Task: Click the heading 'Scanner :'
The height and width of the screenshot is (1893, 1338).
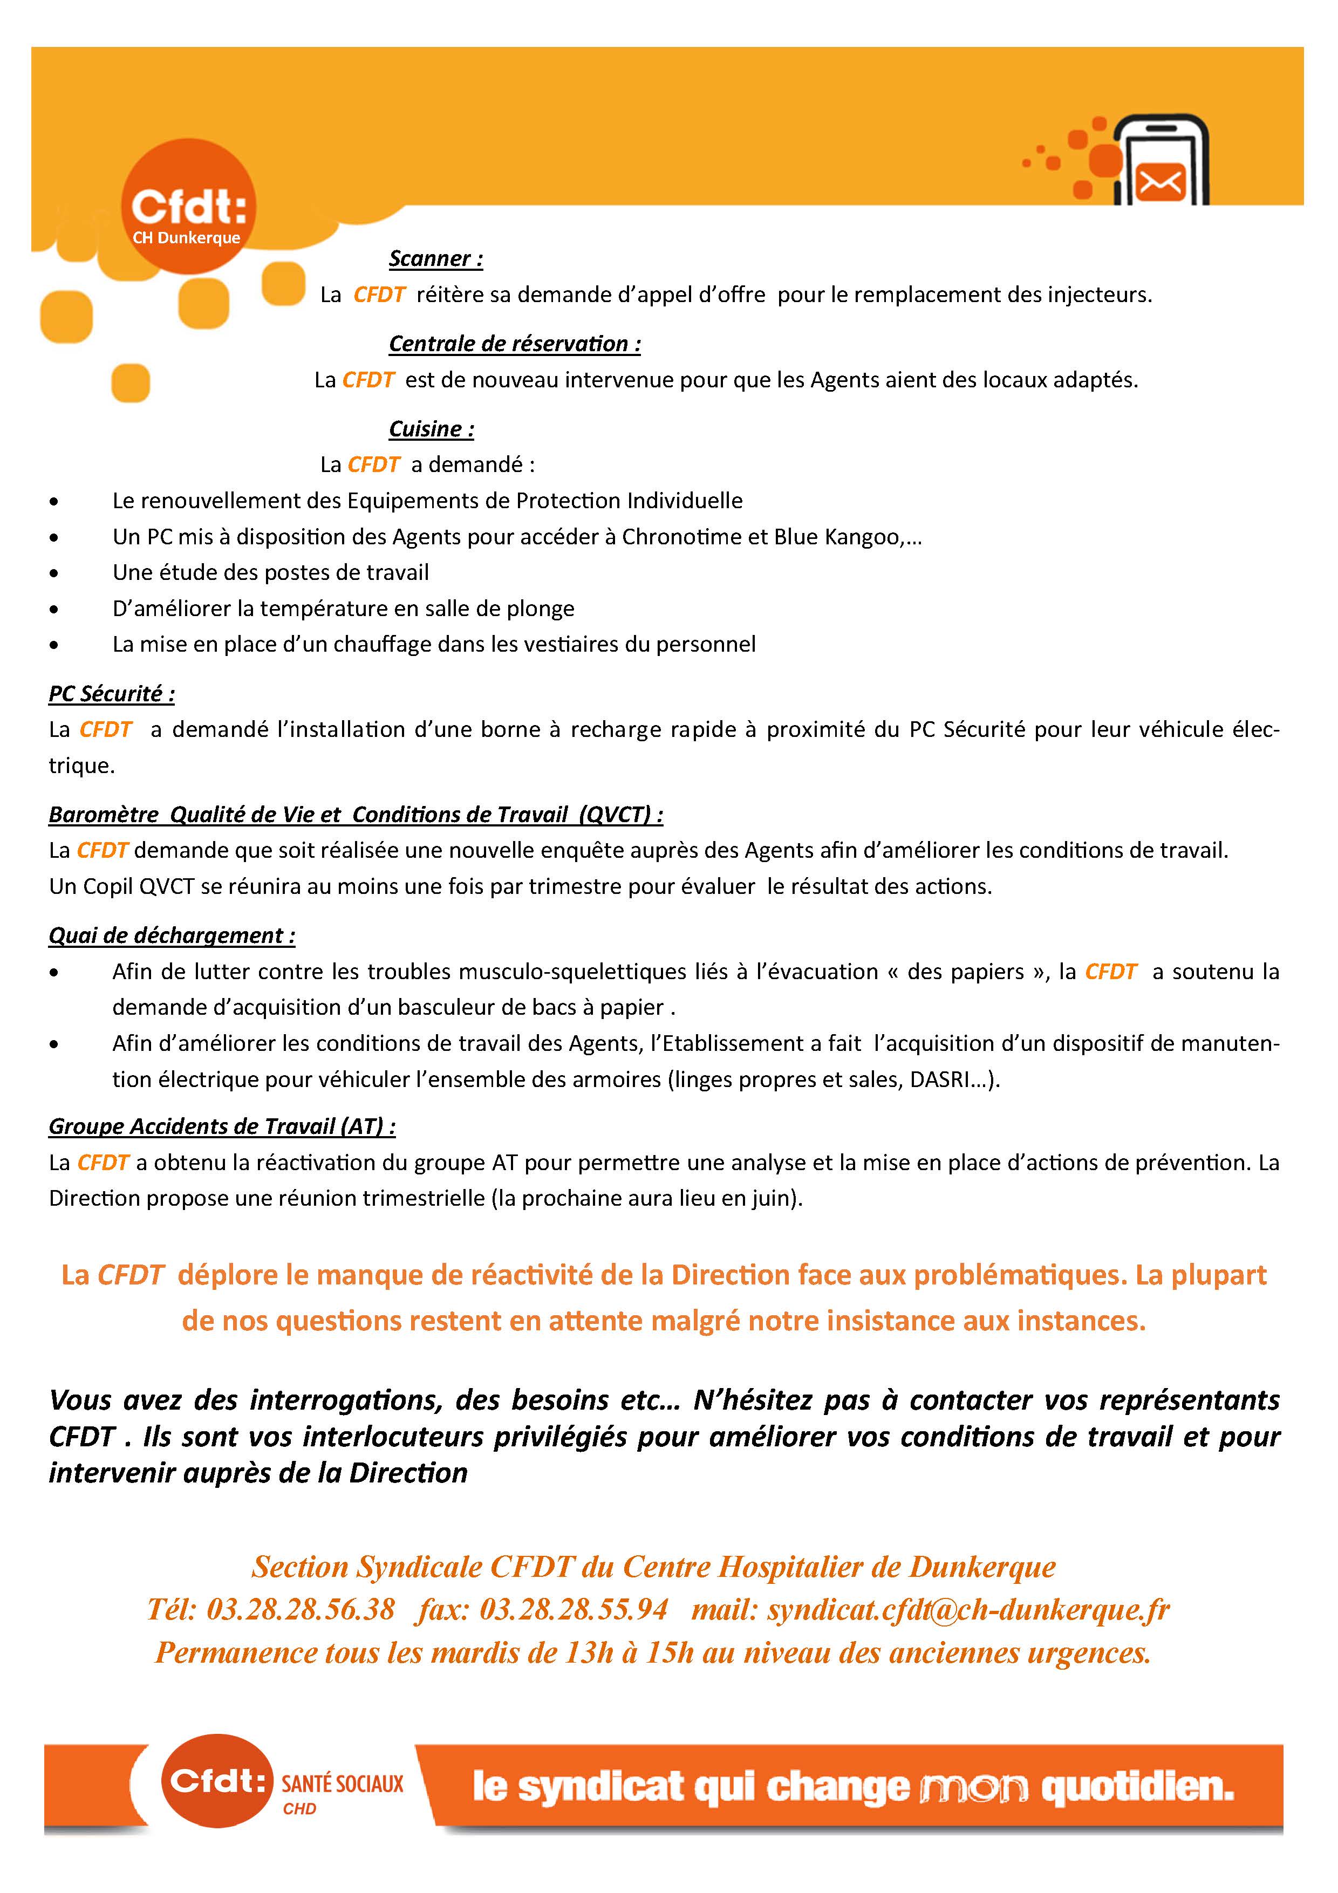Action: (435, 259)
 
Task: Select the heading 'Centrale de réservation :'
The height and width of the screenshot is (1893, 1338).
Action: (514, 344)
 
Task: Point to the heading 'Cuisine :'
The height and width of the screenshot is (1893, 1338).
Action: (431, 429)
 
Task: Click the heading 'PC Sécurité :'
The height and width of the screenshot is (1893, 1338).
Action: (111, 694)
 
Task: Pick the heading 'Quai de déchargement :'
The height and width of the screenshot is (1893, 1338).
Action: (172, 936)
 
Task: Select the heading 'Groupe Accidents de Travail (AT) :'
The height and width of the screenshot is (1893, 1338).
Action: (222, 1127)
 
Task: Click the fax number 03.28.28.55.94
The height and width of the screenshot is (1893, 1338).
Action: (574, 1609)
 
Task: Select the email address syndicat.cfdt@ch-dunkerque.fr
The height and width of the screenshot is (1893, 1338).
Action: (968, 1609)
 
